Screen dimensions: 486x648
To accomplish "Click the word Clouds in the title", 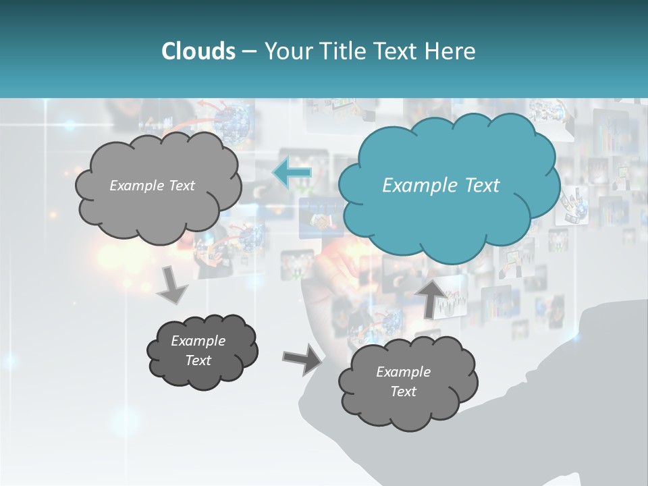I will tap(198, 51).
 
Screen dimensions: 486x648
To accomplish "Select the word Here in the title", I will tap(452, 51).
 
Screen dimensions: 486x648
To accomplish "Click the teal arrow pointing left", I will tap(292, 173).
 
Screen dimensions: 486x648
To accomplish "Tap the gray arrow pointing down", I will tap(173, 284).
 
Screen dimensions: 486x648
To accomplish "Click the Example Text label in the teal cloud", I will tap(441, 186).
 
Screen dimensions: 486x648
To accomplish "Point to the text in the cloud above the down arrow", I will tap(152, 186).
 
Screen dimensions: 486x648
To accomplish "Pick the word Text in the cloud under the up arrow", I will tap(403, 391).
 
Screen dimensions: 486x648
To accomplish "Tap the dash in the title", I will tap(249, 51).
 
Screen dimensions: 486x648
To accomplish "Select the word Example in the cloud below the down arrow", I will tap(198, 341).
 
